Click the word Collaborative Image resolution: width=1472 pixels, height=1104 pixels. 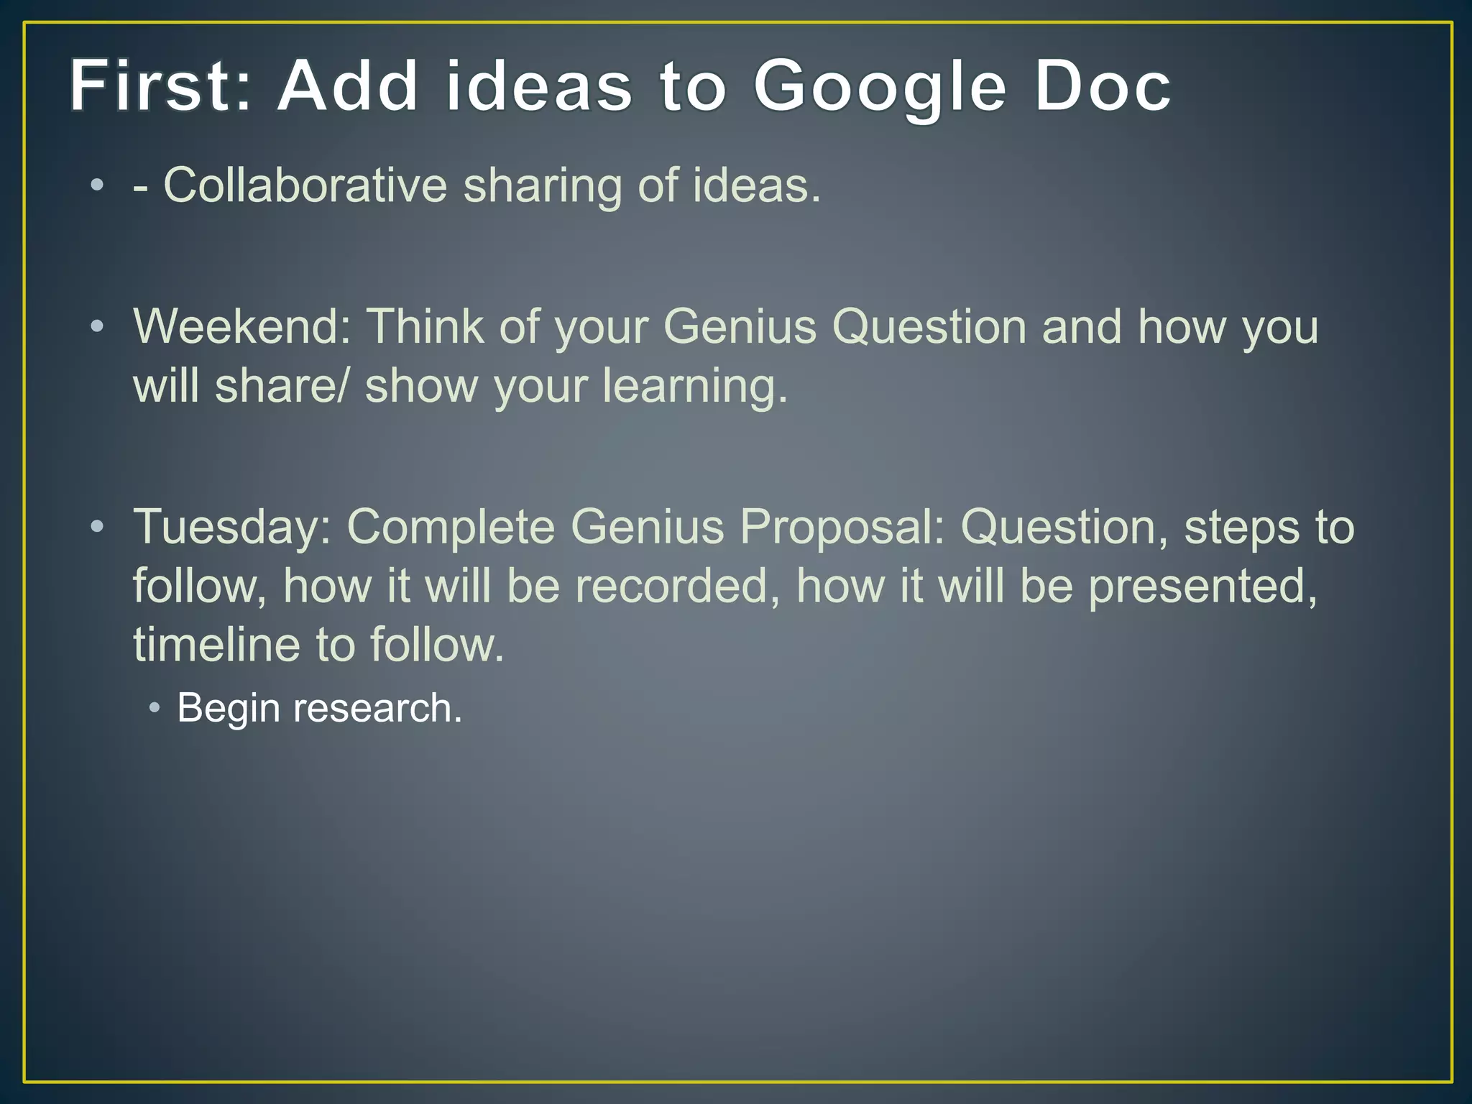305,185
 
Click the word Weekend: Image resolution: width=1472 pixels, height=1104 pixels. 241,327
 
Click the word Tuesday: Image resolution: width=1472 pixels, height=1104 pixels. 231,527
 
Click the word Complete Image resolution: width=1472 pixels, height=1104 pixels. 451,527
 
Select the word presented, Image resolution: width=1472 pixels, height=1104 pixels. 1202,587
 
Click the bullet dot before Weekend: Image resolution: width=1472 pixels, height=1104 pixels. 97,328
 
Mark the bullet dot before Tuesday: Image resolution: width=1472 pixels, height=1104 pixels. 97,528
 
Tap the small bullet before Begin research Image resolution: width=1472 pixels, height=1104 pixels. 154,708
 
